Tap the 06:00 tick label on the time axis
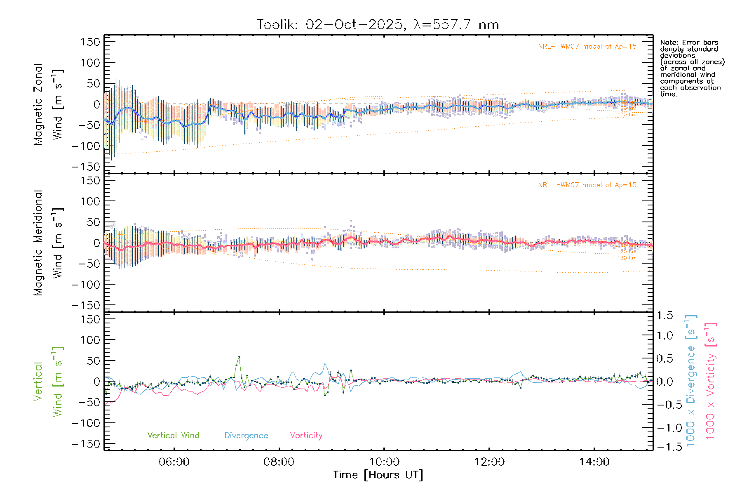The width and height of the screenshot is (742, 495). pos(174,462)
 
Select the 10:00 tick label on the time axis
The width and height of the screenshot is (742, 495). pos(384,462)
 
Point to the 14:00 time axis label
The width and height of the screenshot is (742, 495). pos(594,462)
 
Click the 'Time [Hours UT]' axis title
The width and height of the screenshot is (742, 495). pos(378,475)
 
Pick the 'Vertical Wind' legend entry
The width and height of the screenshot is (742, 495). pos(173,436)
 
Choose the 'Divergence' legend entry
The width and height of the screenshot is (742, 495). pos(246,436)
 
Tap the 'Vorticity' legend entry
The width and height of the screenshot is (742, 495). pos(306,436)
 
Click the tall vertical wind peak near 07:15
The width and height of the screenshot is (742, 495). pos(239,357)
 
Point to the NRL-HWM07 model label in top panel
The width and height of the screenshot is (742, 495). pos(587,47)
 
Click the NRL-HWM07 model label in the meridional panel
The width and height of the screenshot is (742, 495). pos(587,185)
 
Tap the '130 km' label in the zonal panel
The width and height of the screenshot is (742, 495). pos(627,115)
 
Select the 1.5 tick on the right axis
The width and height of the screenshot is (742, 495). pos(665,316)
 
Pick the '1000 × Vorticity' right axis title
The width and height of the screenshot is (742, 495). pos(711,382)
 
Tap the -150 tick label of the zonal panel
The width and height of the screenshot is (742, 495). pos(86,167)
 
